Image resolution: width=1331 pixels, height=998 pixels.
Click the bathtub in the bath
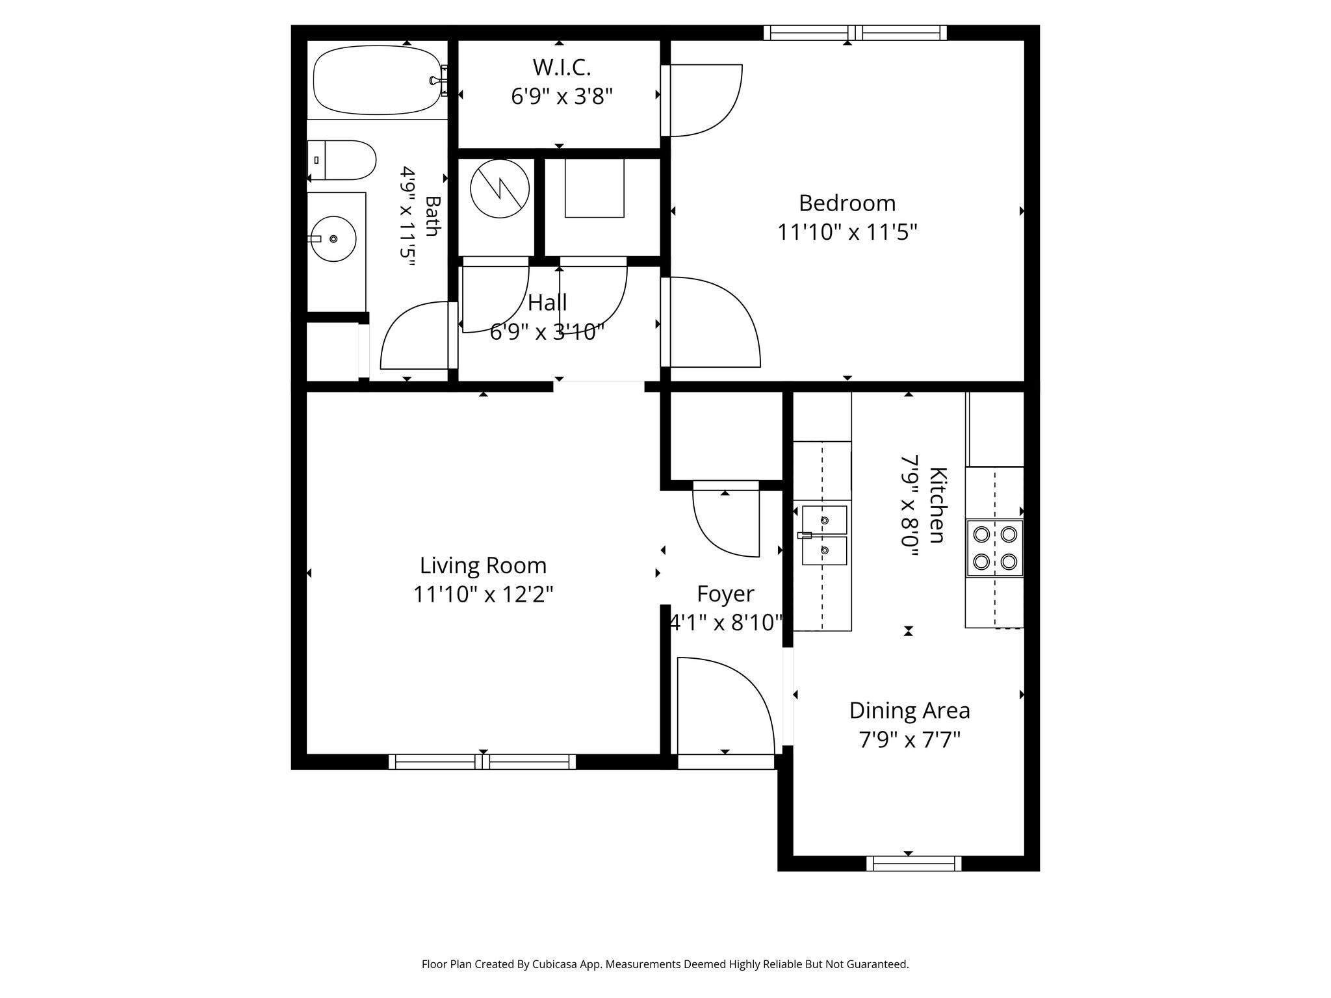click(x=378, y=80)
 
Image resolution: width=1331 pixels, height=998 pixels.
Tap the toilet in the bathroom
click(x=341, y=160)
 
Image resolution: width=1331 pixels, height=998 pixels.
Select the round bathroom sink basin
click(x=333, y=239)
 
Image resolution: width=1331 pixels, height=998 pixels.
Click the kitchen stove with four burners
click(x=994, y=548)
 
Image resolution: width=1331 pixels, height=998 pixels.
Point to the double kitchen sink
click(x=824, y=535)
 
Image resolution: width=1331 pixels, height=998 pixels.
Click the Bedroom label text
click(x=847, y=203)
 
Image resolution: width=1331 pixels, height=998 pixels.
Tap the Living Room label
click(x=483, y=565)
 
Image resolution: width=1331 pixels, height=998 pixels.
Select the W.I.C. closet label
click(x=562, y=67)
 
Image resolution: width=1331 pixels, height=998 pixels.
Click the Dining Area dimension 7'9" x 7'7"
click(x=910, y=739)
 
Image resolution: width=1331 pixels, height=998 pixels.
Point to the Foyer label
click(x=725, y=594)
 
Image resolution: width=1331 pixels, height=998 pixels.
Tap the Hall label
click(x=547, y=303)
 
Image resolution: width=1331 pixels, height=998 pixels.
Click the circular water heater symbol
click(x=500, y=188)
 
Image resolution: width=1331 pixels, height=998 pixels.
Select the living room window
click(x=482, y=761)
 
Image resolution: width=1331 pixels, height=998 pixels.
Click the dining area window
click(x=914, y=864)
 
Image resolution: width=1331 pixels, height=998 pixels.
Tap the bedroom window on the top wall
click(x=855, y=32)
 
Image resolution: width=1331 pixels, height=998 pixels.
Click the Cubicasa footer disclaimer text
click(x=665, y=964)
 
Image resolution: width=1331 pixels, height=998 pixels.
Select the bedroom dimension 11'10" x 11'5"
click(x=847, y=232)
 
